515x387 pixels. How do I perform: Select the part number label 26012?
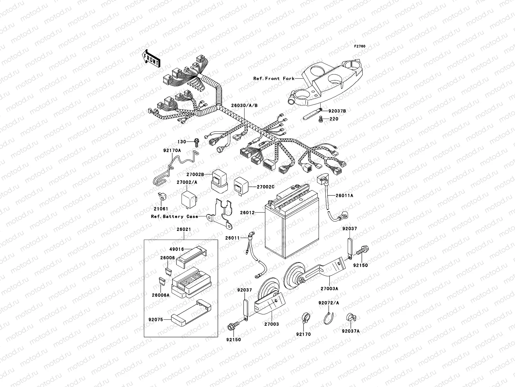(x=247, y=213)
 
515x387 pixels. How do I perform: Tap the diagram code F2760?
(x=360, y=46)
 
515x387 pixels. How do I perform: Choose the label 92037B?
(x=337, y=111)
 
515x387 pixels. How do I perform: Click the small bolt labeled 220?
(x=321, y=120)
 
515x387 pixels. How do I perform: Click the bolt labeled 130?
(x=196, y=141)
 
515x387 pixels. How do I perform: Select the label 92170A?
(x=172, y=150)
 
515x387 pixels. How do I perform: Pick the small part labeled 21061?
(x=160, y=196)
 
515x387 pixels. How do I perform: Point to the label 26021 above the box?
(x=183, y=229)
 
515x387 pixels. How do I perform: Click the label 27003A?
(x=329, y=289)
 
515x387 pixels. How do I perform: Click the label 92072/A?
(x=329, y=303)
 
